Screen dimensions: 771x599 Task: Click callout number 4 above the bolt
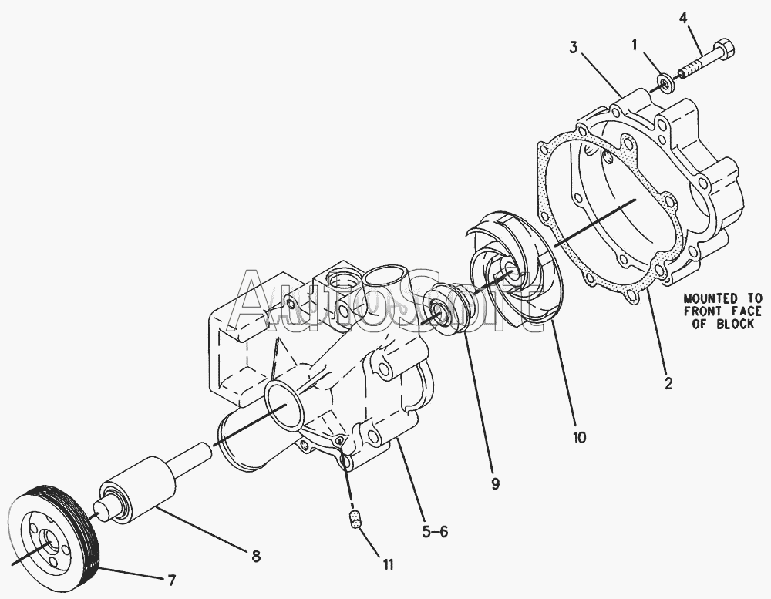(684, 19)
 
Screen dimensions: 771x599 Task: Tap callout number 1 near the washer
(635, 45)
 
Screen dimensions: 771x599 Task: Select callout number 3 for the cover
(574, 48)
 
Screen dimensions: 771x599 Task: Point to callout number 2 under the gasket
(668, 384)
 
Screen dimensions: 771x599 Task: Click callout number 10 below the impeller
(580, 437)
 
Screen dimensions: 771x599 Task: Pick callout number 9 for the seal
(495, 484)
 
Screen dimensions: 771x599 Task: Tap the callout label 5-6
(435, 532)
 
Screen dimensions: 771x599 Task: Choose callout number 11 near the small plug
(389, 565)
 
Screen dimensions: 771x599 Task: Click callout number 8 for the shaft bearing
(256, 557)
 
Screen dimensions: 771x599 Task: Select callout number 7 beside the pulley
(171, 580)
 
